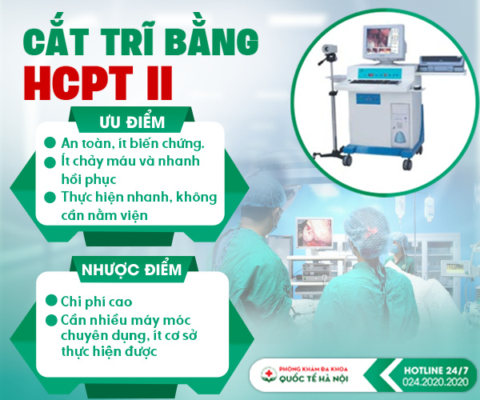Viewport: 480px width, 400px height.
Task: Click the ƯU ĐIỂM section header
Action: tap(132, 122)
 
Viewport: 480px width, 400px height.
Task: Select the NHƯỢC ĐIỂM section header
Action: tap(132, 270)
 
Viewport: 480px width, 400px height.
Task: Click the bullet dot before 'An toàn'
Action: tap(50, 142)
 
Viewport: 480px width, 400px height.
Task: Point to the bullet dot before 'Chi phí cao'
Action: tap(51, 301)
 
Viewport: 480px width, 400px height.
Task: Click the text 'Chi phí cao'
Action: tap(97, 302)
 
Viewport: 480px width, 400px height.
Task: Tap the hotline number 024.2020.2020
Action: tap(435, 382)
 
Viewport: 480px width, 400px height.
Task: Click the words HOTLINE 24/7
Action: tap(436, 370)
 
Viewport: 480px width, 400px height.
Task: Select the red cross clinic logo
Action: tap(269, 374)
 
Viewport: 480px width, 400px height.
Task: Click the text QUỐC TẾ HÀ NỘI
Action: tap(314, 378)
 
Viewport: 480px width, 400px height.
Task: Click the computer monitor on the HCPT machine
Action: tap(384, 43)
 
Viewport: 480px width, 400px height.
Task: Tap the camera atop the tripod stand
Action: tap(330, 50)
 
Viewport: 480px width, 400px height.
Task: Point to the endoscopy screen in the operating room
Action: tap(314, 233)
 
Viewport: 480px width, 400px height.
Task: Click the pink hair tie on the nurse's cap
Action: tap(372, 230)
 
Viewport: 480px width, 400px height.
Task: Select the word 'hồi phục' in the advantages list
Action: tap(89, 179)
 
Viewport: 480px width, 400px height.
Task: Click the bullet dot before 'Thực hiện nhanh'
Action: tap(50, 197)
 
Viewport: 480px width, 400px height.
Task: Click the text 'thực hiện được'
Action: tap(109, 350)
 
